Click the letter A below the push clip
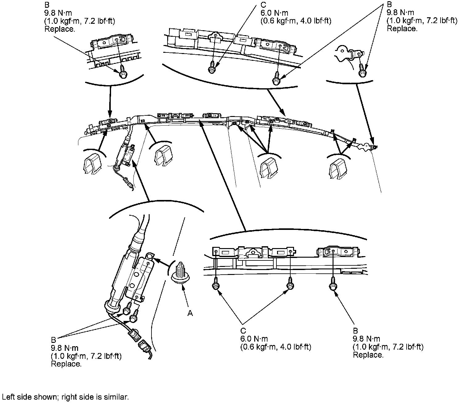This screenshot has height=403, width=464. point(190,313)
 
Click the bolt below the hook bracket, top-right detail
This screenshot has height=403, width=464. point(362,71)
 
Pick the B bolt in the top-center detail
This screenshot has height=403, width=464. point(276,79)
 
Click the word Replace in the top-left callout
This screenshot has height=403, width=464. point(60,29)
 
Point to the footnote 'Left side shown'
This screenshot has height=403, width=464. point(65,397)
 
